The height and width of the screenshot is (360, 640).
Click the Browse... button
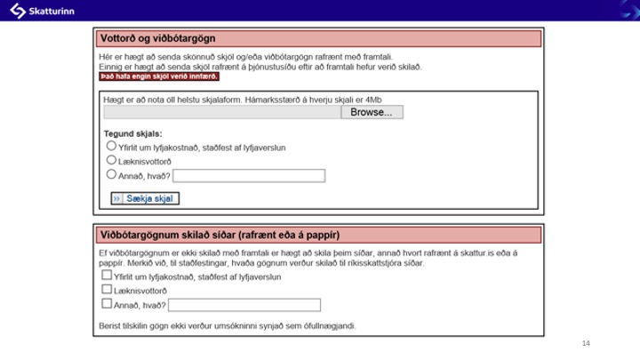coord(372,113)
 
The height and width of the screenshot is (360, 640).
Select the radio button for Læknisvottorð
coord(111,160)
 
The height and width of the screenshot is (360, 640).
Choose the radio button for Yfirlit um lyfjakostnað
coord(111,146)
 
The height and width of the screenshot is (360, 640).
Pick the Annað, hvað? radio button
coord(111,174)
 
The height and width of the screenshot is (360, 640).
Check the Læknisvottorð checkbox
coord(107,290)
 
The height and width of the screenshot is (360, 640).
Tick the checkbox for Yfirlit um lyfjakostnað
coord(107,276)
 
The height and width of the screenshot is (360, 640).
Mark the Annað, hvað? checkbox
coord(107,304)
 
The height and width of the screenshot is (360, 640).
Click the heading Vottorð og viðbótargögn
coord(158,39)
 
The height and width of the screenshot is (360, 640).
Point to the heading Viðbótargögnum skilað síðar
coord(220,235)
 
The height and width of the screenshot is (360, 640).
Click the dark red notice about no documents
coord(159,76)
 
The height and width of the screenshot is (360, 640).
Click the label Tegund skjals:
coord(132,133)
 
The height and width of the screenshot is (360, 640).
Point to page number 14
coord(586,343)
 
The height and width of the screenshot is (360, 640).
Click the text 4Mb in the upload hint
coord(384,99)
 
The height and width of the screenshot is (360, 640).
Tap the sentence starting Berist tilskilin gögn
coord(228,326)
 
